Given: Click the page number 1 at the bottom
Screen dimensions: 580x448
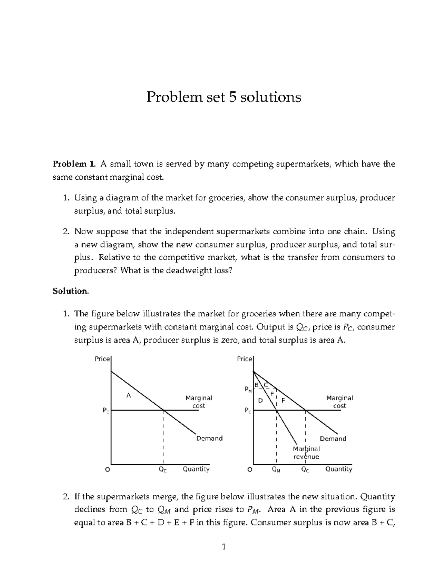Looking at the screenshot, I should [224, 548].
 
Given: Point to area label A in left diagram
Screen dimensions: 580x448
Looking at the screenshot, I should [129, 396].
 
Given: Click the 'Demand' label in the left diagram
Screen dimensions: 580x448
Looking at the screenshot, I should [209, 438].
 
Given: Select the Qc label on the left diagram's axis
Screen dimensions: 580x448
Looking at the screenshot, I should [163, 470].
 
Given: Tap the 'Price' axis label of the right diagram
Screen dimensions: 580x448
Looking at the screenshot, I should [245, 359].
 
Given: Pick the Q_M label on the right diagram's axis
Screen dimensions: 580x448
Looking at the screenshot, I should [276, 470].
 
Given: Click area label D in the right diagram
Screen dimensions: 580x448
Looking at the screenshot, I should [261, 401].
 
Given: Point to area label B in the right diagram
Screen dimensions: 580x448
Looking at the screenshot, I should [256, 385].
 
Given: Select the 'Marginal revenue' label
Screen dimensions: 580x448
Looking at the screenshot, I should [306, 452].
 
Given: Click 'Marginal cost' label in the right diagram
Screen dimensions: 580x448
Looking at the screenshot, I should [339, 402].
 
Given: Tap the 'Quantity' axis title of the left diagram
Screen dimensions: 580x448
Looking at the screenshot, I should [196, 469].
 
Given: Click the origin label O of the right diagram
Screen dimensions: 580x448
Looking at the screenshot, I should [250, 470].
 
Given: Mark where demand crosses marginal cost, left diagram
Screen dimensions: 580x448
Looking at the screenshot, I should [163, 410].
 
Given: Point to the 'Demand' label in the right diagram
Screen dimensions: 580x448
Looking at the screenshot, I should [333, 438].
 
